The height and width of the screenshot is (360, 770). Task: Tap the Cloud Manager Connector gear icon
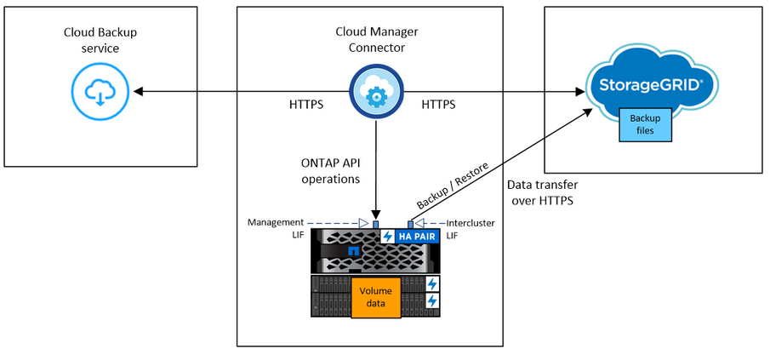(x=375, y=91)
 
